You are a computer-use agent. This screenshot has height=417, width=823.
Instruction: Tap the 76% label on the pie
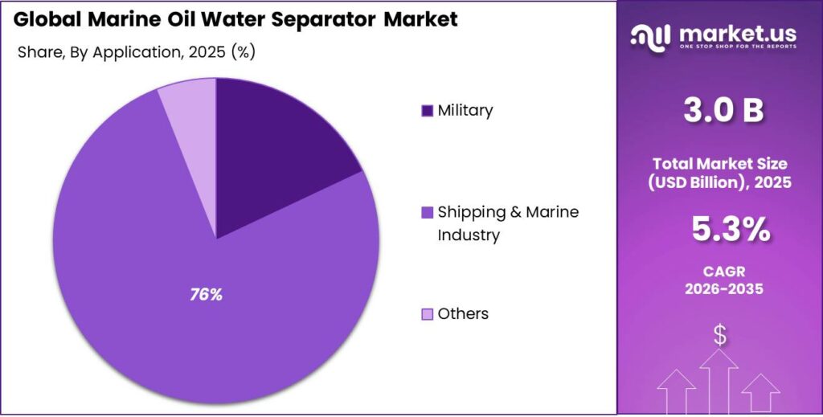[206, 295]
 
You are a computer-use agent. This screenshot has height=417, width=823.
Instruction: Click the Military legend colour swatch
[427, 111]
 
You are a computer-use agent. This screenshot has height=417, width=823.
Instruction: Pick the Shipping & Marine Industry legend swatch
[427, 213]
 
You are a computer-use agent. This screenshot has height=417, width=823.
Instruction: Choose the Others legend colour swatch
[427, 313]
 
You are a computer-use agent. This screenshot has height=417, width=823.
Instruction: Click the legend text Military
[465, 111]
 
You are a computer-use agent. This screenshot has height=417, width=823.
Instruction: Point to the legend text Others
[463, 313]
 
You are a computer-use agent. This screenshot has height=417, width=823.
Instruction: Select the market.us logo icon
[649, 35]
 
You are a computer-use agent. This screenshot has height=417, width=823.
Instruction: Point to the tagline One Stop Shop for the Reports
[738, 47]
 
